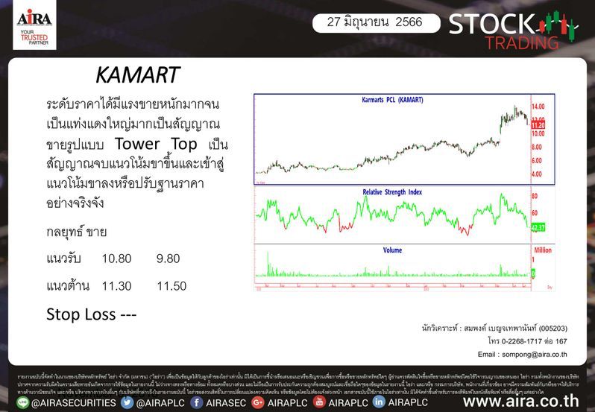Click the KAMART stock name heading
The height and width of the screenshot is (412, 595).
coord(138,75)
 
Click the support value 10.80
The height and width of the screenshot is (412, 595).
coord(116,259)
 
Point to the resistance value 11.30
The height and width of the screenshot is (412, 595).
coord(116,285)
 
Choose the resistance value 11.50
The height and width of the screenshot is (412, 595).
coord(171,285)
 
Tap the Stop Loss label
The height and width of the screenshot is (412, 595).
coord(91,314)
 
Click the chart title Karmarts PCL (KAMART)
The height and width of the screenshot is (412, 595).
coord(391,99)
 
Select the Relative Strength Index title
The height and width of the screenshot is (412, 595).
coord(391,191)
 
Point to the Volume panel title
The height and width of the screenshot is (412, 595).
coord(392,250)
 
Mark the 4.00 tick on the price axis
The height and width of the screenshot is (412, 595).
coord(538,174)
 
